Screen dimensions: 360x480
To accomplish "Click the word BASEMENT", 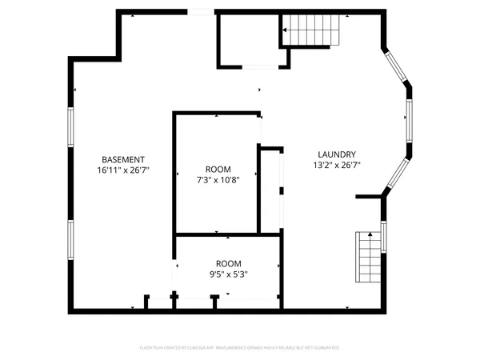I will (123, 159).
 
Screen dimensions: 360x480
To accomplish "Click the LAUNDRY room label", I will (336, 154).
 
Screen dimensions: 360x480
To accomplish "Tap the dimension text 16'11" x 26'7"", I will (123, 170).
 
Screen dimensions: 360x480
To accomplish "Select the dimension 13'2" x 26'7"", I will (336, 166).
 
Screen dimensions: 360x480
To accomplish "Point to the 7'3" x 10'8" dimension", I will (218, 180).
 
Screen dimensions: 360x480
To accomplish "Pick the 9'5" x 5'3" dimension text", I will (228, 274).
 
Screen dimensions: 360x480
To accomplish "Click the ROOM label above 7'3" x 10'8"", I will (218, 169).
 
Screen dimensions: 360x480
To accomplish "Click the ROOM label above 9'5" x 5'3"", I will (228, 263).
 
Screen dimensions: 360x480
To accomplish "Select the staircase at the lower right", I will (368, 257).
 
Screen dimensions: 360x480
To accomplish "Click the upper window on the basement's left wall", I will (71, 128).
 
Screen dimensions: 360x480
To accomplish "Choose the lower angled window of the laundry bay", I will (397, 174).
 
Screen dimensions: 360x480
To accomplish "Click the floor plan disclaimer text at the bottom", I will (240, 348).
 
